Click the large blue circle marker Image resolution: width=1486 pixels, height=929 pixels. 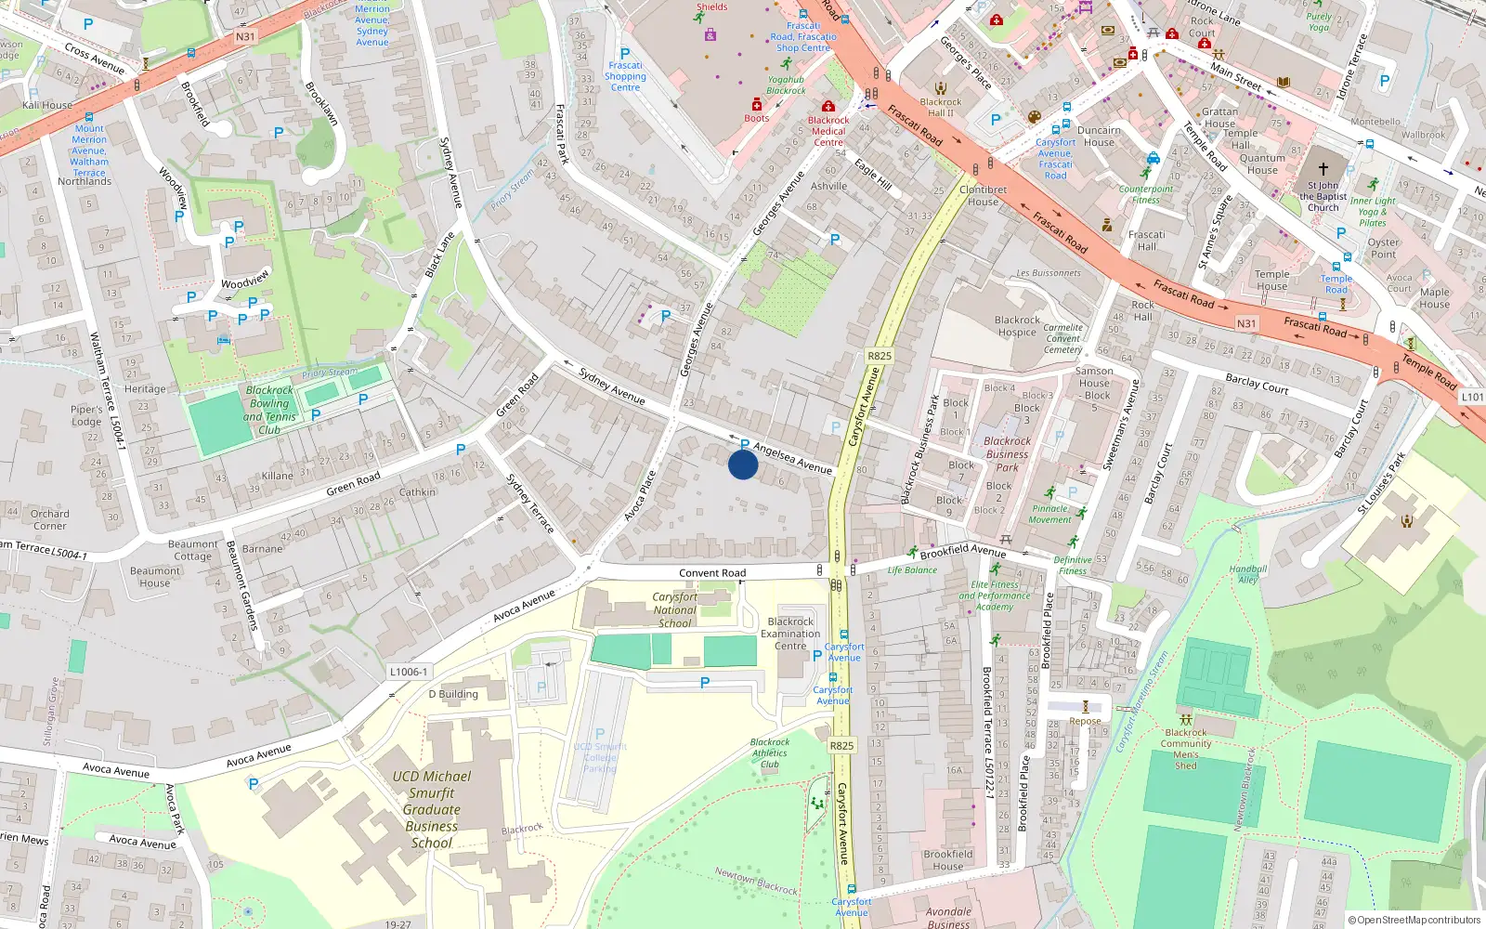pyautogui.click(x=743, y=464)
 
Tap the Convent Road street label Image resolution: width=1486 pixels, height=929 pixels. pyautogui.click(x=711, y=573)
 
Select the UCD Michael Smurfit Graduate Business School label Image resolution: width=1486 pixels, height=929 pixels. pyautogui.click(x=431, y=809)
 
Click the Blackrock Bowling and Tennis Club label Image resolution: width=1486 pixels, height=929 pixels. pyautogui.click(x=269, y=410)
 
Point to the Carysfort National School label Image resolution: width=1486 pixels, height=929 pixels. pyautogui.click(x=674, y=609)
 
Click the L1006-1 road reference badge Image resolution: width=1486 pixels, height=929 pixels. pyautogui.click(x=409, y=672)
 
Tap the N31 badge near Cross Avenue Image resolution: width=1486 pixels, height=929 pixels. pyautogui.click(x=245, y=37)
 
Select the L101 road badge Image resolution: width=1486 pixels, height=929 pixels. pyautogui.click(x=1472, y=397)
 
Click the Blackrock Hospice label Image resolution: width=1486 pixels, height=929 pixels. pyautogui.click(x=1017, y=326)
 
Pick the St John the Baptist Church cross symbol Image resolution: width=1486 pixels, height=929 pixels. pyautogui.click(x=1323, y=169)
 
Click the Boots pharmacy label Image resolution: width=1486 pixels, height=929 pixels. pyautogui.click(x=756, y=118)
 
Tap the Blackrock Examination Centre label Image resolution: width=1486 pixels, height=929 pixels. pyautogui.click(x=790, y=634)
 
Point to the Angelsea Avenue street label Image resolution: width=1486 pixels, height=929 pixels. pyautogui.click(x=792, y=458)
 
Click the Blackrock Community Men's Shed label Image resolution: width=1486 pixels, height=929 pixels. pyautogui.click(x=1186, y=749)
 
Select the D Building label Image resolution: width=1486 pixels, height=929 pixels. pyautogui.click(x=453, y=694)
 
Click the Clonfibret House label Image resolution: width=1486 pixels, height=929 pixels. pyautogui.click(x=983, y=195)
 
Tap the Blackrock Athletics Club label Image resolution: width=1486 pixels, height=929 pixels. pyautogui.click(x=770, y=753)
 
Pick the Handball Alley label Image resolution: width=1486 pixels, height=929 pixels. pyautogui.click(x=1247, y=574)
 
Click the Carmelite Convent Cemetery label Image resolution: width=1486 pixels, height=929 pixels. pyautogui.click(x=1062, y=338)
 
